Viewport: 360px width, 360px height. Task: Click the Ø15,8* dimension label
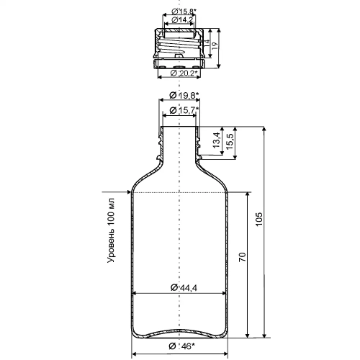(184, 12)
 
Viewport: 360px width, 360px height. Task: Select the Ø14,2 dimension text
(182, 20)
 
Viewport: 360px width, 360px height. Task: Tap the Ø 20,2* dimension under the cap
(185, 73)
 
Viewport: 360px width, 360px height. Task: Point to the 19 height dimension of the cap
(215, 46)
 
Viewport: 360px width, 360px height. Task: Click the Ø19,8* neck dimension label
(184, 95)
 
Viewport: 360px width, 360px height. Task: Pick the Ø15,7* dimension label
(184, 110)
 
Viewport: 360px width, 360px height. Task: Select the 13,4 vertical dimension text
(216, 140)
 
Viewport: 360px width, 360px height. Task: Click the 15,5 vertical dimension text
(230, 142)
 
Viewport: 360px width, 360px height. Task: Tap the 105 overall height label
(258, 219)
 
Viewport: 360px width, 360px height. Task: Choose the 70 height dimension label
(243, 257)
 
